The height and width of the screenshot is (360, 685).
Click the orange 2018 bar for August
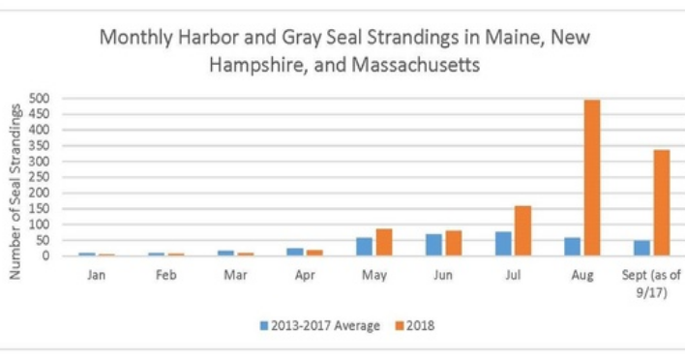(x=592, y=178)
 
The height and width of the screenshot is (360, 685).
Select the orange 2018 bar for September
(x=662, y=203)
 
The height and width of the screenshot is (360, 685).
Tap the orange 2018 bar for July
(x=522, y=231)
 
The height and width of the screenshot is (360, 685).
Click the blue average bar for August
(x=573, y=247)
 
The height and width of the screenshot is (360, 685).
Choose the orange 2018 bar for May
(x=384, y=243)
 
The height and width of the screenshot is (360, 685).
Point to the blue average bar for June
(x=434, y=245)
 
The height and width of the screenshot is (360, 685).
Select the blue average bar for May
(x=365, y=247)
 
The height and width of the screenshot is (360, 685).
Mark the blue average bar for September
(x=642, y=248)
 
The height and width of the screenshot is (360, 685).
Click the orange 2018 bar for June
(x=453, y=244)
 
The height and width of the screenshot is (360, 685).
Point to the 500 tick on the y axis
(x=39, y=98)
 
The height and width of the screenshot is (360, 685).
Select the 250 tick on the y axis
(x=39, y=177)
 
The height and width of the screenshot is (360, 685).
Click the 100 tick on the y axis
(x=39, y=225)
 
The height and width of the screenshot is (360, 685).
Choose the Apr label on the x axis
(x=304, y=273)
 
